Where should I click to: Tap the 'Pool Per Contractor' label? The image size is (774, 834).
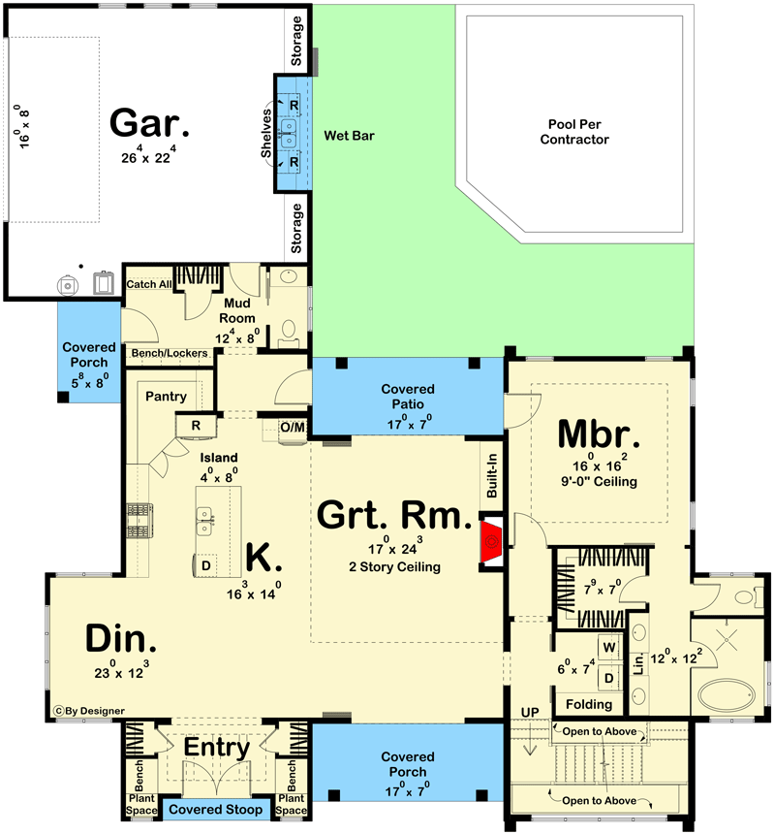pyautogui.click(x=578, y=131)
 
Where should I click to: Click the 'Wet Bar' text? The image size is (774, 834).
pyautogui.click(x=349, y=136)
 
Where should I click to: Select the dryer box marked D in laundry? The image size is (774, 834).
pyautogui.click(x=611, y=676)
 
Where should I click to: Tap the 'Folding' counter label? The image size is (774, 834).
pyautogui.click(x=588, y=704)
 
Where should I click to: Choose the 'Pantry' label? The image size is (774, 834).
pyautogui.click(x=165, y=397)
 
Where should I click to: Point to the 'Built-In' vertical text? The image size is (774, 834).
pyautogui.click(x=493, y=475)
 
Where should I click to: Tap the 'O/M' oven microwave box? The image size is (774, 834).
pyautogui.click(x=292, y=426)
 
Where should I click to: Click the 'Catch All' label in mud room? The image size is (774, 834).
pyautogui.click(x=149, y=284)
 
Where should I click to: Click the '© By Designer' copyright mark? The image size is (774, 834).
pyautogui.click(x=89, y=711)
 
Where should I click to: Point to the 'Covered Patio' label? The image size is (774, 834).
pyautogui.click(x=408, y=397)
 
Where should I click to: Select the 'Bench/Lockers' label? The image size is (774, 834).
pyautogui.click(x=170, y=353)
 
